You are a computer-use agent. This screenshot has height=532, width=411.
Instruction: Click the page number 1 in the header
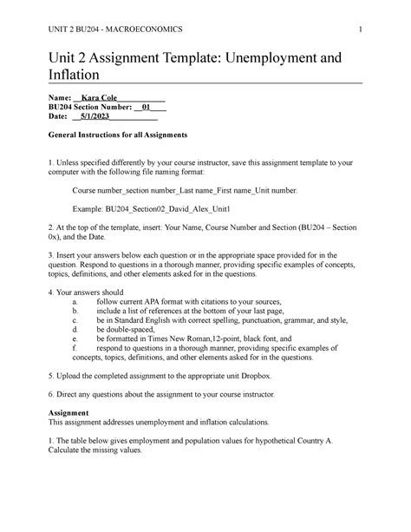pyautogui.click(x=359, y=29)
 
